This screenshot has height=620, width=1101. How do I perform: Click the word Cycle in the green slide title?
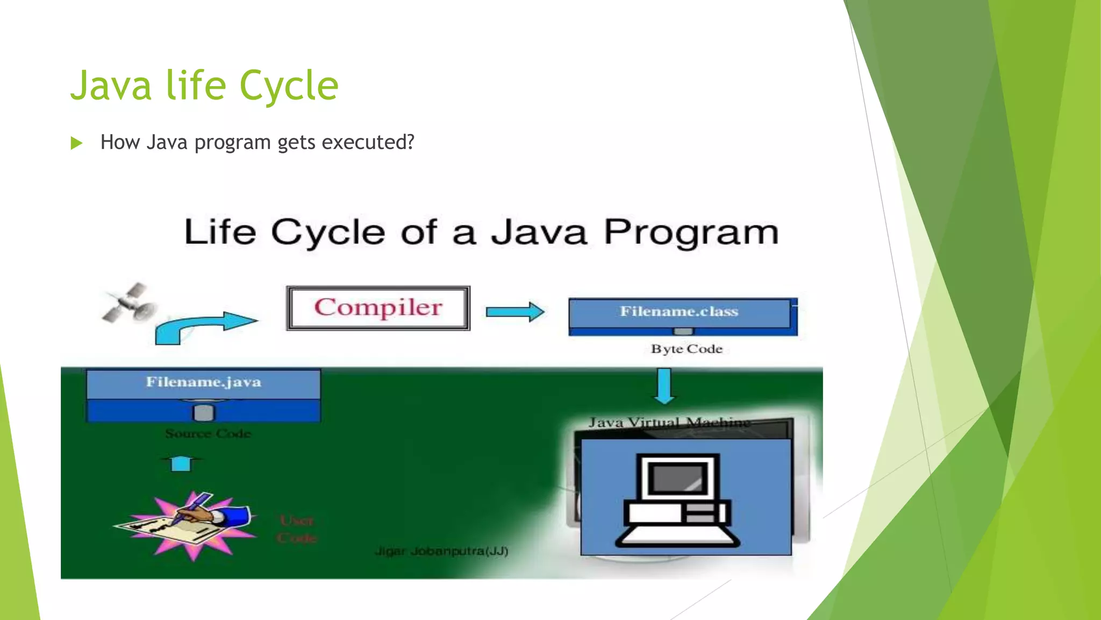pos(289,86)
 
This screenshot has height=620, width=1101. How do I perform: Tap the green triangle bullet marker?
pos(76,143)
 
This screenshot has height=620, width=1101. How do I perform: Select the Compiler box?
pos(378,308)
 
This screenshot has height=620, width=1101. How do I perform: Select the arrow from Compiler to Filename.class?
pos(514,312)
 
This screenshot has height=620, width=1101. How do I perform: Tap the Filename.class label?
pos(679,312)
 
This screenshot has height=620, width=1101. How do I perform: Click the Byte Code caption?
pos(687,349)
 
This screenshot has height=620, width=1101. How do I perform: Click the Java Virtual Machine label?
pos(669,422)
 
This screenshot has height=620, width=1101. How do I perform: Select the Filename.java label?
pos(203,382)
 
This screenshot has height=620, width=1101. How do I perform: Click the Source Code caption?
pos(208,433)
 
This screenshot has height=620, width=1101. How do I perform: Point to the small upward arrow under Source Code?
pos(181,463)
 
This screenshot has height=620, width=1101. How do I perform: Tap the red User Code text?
pos(297,529)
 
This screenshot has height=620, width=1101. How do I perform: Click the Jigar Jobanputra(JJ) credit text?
pos(441,551)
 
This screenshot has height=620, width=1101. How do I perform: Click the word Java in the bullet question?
pos(167,143)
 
